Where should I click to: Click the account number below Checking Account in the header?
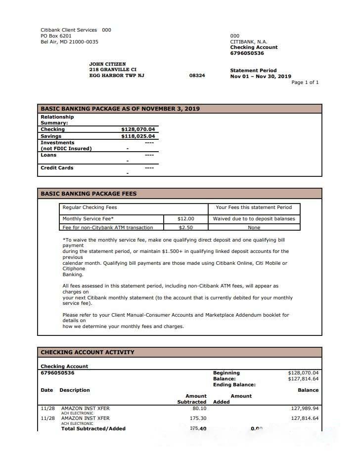(247, 53)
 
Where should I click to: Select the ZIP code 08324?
(197, 76)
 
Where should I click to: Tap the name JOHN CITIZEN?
(107, 64)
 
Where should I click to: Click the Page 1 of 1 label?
(305, 83)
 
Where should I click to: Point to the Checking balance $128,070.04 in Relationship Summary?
(137, 129)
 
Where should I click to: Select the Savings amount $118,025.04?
(137, 136)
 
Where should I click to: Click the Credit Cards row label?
(57, 168)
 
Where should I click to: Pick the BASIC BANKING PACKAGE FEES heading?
(89, 194)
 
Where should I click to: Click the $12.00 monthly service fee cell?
(185, 219)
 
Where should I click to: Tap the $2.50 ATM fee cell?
(185, 228)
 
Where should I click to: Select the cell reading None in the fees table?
(254, 228)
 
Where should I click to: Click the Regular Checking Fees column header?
(90, 207)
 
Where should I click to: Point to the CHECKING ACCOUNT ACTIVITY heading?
(87, 352)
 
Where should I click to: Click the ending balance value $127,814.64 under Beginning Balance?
(303, 379)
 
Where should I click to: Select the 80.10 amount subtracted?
(199, 409)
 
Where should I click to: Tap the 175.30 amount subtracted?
(198, 418)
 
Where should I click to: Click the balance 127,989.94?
(305, 409)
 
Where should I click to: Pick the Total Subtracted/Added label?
(93, 429)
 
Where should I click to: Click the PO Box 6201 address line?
(56, 36)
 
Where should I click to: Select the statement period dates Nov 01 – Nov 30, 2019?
(261, 77)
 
